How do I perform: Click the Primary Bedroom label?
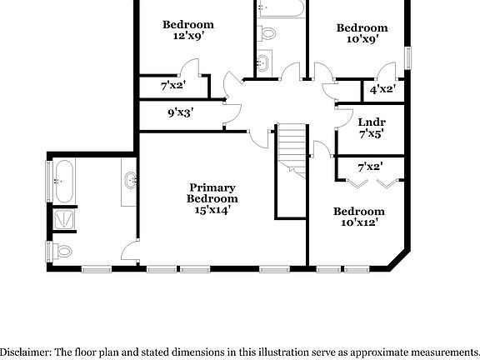click(212, 193)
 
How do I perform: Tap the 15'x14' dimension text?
click(212, 210)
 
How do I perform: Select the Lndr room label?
click(371, 121)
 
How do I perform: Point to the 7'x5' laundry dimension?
click(371, 133)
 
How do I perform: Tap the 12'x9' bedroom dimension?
click(187, 37)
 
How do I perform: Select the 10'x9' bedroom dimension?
click(362, 39)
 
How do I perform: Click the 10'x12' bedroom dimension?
click(359, 223)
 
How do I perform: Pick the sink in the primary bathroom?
click(131, 181)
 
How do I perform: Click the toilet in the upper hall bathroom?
click(267, 34)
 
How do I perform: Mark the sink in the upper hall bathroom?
click(263, 62)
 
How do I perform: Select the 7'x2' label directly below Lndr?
click(369, 167)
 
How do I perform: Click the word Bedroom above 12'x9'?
click(187, 24)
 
